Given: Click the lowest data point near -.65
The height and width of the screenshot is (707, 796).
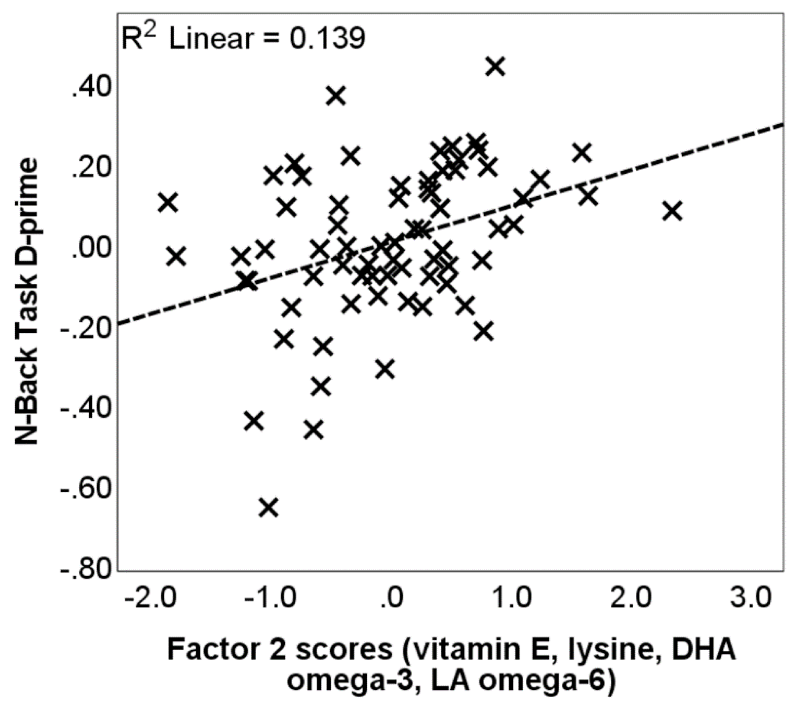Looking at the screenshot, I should [x=269, y=507].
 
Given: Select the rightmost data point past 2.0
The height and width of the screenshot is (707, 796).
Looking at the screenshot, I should [x=672, y=212].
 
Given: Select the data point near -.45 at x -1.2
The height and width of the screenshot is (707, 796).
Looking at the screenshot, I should [x=254, y=420].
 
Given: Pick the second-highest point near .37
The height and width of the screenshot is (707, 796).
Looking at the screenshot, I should [x=336, y=96].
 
